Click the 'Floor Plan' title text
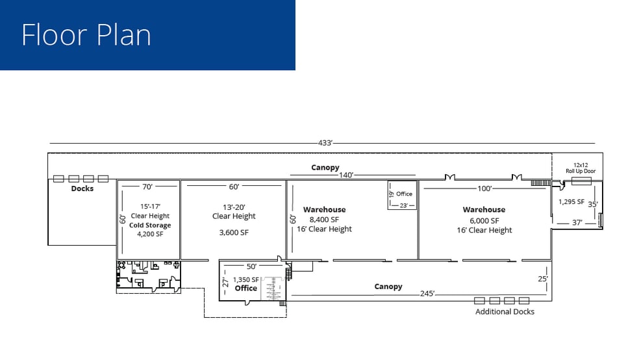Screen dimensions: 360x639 click(x=86, y=34)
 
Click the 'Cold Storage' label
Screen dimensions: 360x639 click(x=150, y=225)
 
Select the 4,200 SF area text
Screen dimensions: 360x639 click(x=150, y=234)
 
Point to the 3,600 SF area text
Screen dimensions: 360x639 click(x=234, y=232)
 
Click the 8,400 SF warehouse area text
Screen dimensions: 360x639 click(x=324, y=220)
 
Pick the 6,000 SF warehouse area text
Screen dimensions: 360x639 click(x=484, y=220)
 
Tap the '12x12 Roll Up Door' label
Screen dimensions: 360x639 click(x=579, y=168)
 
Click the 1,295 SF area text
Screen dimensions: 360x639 click(x=571, y=201)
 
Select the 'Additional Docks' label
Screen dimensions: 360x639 click(x=505, y=312)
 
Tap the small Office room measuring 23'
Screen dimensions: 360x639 click(x=403, y=194)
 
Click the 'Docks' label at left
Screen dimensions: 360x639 click(x=82, y=188)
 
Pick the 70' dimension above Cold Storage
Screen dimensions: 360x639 click(x=147, y=187)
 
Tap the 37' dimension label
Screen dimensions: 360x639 click(x=577, y=223)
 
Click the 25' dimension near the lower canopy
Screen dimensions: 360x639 click(x=543, y=279)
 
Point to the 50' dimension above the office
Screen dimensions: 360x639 click(x=251, y=266)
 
